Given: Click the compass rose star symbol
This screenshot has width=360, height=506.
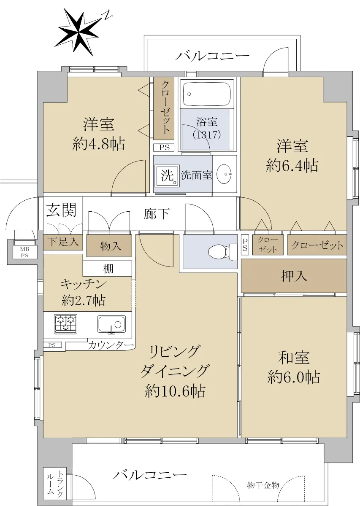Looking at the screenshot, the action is coord(79,32).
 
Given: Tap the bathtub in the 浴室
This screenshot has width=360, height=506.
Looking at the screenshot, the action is coord(207,94).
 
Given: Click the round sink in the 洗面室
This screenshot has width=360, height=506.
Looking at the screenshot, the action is coord(224,174).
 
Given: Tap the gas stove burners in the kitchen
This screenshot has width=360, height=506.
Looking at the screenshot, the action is coord(65,324).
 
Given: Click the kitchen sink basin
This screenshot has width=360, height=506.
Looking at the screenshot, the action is coord(111,324).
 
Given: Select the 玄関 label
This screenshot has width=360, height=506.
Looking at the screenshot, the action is coord(61,210).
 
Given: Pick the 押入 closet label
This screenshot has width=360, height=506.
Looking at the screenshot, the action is coord(294,276).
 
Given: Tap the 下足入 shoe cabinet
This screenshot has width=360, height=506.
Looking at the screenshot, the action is coord(63,242).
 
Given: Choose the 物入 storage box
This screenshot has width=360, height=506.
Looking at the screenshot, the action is coord(109,246).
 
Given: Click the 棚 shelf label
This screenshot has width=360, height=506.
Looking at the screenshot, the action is coord(108,269).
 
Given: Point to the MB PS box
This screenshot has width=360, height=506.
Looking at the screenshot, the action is coord(24,252).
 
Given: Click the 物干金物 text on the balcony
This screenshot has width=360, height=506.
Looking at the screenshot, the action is coord(263,485).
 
